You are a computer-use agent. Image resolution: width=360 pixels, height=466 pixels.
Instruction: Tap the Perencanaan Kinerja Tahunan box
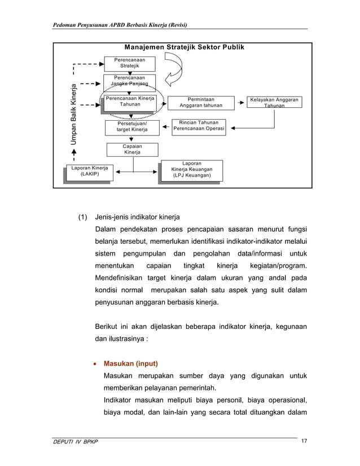[x=130, y=102]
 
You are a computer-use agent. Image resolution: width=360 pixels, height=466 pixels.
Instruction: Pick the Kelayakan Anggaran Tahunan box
[x=274, y=102]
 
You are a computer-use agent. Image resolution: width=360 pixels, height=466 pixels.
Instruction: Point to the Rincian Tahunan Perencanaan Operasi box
[x=199, y=126]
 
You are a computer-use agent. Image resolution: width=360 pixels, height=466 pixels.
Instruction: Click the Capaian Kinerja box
[x=132, y=149]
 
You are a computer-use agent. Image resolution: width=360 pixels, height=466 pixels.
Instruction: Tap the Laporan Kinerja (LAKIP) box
[x=89, y=171]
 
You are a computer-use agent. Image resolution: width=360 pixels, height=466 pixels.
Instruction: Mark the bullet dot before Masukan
[x=94, y=363]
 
